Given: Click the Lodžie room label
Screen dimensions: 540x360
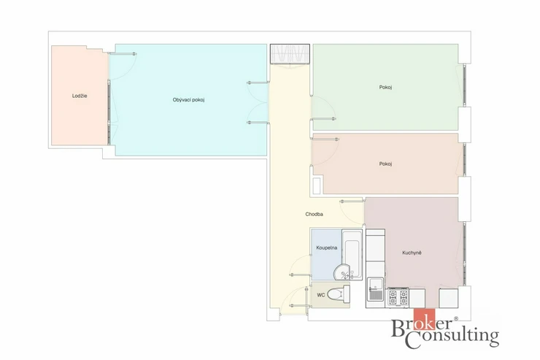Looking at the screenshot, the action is tap(80, 96).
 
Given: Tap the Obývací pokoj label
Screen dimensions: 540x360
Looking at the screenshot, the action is tap(189, 100).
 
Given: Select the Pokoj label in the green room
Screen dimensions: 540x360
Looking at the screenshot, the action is tap(385, 87).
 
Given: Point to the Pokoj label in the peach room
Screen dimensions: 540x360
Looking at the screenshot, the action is tap(385, 164).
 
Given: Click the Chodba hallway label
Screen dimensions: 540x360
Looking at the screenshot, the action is tap(314, 214).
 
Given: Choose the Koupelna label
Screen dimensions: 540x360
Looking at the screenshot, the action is tap(327, 248).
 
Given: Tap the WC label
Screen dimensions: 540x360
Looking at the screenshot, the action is tap(320, 295).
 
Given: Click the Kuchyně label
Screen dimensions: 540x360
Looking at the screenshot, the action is tap(412, 253).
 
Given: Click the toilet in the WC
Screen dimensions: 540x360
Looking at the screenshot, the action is tap(338, 294).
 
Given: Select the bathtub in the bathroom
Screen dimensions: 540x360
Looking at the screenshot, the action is tap(352, 253).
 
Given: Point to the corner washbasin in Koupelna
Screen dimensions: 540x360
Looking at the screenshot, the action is tap(343, 272).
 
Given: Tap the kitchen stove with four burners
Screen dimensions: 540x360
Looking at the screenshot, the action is tap(398, 298).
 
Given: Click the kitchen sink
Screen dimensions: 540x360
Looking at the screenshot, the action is tap(375, 288).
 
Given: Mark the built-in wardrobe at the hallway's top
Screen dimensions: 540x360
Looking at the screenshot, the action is tap(290, 54).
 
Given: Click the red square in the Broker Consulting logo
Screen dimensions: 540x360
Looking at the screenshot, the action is tap(424, 319).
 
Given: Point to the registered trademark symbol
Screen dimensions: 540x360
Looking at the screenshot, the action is tap(456, 319).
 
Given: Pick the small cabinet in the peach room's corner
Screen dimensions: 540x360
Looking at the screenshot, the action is tap(317, 185).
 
